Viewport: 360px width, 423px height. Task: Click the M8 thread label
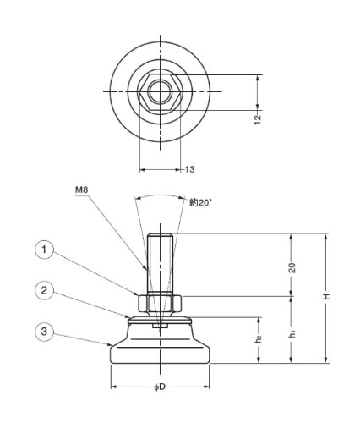82,190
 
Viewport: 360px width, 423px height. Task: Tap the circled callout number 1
44,250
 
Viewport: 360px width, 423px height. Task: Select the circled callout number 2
44,290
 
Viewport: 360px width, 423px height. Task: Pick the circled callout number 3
44,332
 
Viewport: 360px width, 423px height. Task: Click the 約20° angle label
200,202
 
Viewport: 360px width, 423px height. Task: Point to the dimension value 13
189,169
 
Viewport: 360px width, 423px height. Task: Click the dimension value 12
258,119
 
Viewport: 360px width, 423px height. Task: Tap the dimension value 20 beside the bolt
292,267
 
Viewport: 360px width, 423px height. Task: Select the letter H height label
326,297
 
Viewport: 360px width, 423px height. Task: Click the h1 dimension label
293,334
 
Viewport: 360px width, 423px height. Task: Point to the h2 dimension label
259,339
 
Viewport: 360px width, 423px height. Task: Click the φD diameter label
160,387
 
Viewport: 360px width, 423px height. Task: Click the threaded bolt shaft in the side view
160,265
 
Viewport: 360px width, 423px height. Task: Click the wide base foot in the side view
160,354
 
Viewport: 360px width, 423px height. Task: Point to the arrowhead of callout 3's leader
111,345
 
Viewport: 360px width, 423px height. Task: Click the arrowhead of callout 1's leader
137,294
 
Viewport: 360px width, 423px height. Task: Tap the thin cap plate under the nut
160,320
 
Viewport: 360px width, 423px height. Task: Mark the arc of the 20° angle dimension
160,195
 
